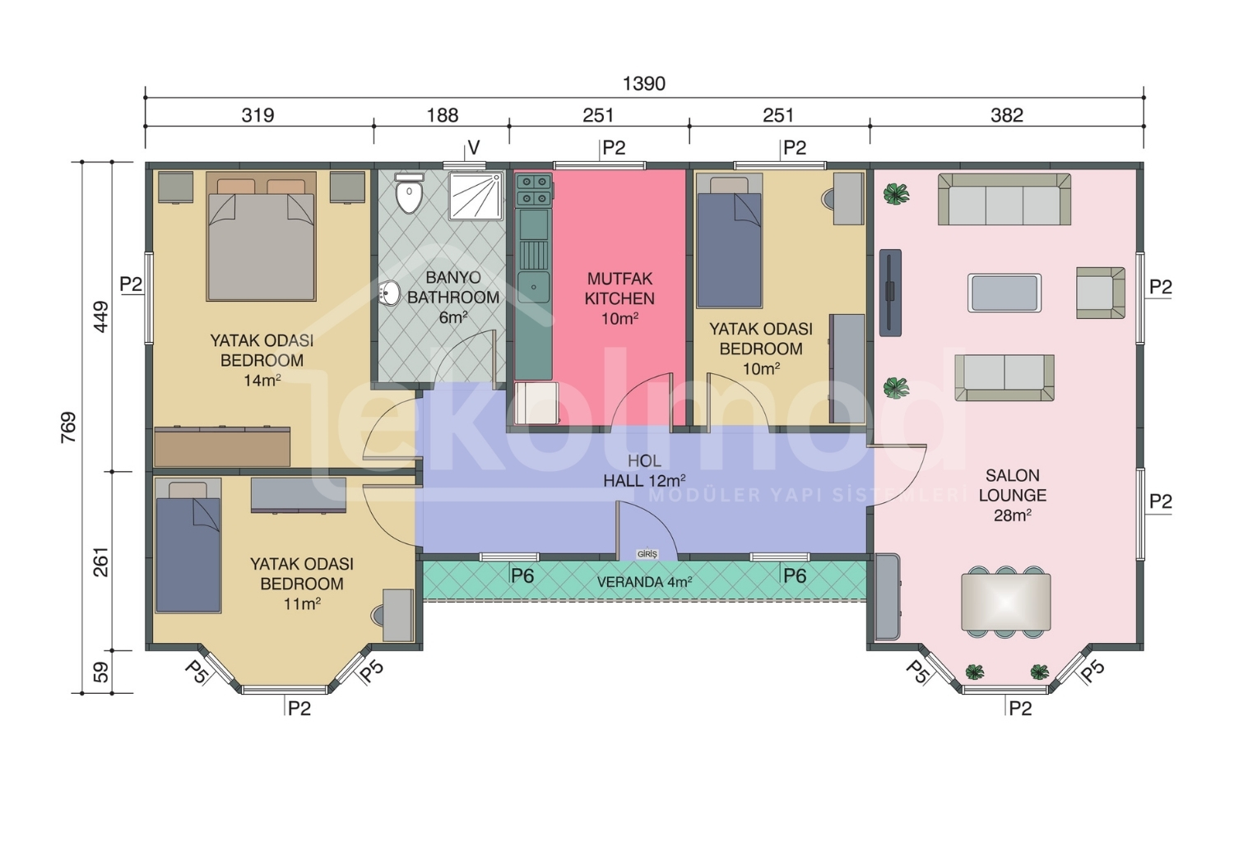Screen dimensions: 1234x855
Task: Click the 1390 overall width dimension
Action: tap(643, 84)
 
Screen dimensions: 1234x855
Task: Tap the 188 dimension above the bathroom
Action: tap(443, 116)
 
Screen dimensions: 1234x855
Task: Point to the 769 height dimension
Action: tap(69, 427)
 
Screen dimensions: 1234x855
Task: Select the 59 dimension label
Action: tap(101, 672)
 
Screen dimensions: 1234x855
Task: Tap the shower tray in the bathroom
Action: tap(476, 196)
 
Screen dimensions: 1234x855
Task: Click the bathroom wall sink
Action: tap(389, 292)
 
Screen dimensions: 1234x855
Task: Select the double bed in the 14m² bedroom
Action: tap(261, 236)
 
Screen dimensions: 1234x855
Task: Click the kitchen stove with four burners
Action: tap(534, 190)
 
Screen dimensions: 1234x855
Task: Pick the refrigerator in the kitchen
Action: tap(536, 404)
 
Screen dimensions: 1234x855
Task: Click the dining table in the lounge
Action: tap(1006, 603)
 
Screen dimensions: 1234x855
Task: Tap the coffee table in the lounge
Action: tap(1004, 293)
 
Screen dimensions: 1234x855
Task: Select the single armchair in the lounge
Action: tap(1101, 293)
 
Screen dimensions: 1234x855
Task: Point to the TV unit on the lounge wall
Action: tap(889, 293)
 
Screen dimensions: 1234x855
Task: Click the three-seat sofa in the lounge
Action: tap(1004, 199)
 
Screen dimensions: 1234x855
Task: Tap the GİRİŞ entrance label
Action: tap(647, 554)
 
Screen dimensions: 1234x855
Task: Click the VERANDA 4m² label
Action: tap(644, 582)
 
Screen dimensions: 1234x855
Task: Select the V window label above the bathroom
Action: tap(474, 147)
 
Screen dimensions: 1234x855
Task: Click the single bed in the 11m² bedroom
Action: tap(188, 546)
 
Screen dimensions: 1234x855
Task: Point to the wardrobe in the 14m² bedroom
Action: tap(222, 446)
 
